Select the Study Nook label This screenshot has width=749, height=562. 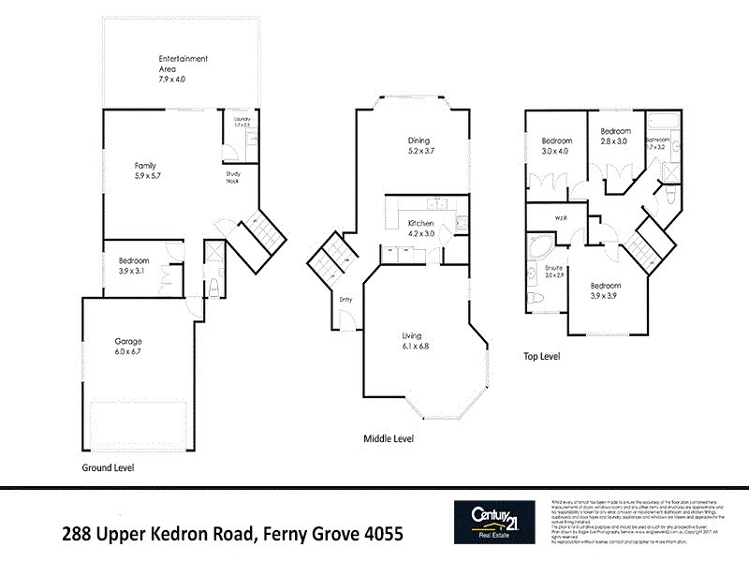click(x=232, y=177)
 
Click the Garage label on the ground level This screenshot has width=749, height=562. click(x=128, y=341)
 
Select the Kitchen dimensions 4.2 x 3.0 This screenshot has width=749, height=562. click(x=421, y=234)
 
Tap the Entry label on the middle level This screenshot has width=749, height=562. click(x=346, y=300)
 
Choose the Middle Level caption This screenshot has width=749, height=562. click(x=389, y=438)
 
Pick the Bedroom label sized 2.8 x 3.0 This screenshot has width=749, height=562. click(x=615, y=130)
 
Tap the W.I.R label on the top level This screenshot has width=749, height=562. click(x=562, y=219)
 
